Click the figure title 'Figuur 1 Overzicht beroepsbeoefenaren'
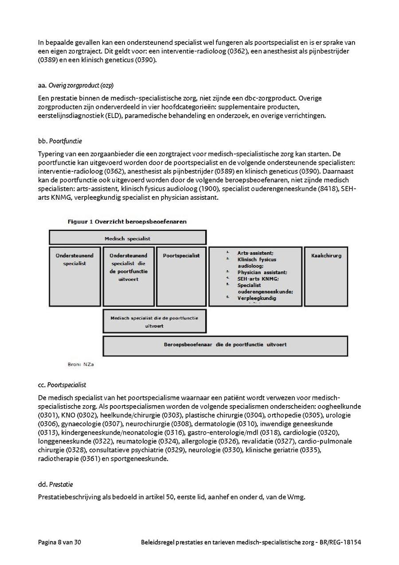point(127,221)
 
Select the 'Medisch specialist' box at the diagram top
point(127,238)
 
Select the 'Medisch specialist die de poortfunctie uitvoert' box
point(154,322)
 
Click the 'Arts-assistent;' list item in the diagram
point(255,253)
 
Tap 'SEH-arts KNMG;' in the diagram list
point(258,278)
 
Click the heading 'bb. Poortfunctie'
point(60,141)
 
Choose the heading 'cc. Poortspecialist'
point(62,385)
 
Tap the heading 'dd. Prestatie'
point(55,484)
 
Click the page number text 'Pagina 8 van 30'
point(59,542)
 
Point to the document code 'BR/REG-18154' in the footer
point(341,542)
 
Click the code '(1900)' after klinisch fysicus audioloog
point(210,189)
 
